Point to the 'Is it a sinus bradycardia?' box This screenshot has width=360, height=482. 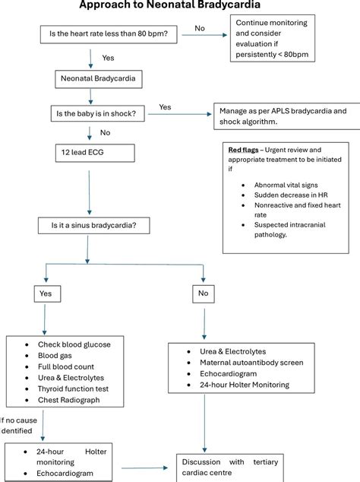pos(93,226)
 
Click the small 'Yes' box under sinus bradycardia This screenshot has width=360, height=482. pos(46,292)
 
